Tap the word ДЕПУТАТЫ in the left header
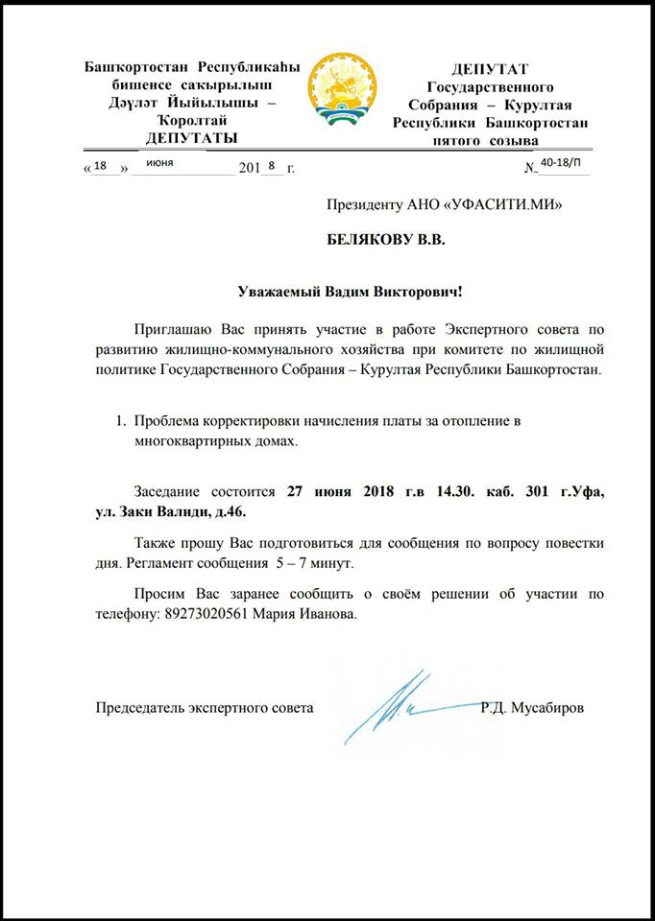(x=192, y=139)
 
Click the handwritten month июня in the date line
(x=159, y=164)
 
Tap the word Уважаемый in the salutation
(x=279, y=291)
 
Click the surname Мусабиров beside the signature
(x=549, y=708)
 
